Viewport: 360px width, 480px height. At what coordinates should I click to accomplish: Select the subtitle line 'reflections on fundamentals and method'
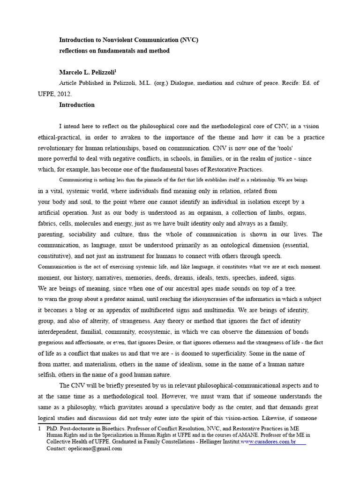[114, 51]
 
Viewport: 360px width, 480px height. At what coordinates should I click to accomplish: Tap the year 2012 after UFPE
[64, 94]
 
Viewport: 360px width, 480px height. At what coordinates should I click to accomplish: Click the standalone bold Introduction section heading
[77, 105]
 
